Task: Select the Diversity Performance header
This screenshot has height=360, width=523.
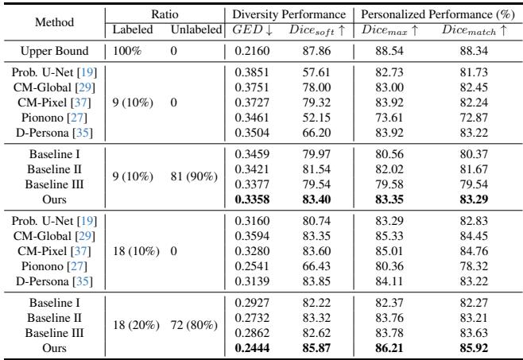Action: coord(288,14)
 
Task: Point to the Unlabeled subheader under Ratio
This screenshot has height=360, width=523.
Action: coord(193,30)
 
